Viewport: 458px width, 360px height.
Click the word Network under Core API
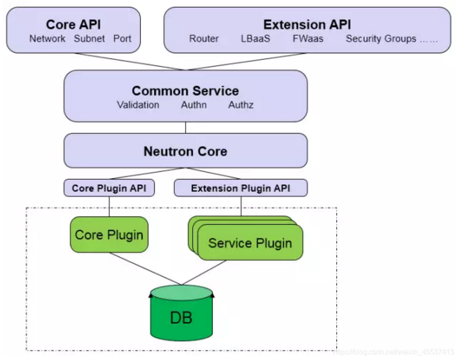[47, 39]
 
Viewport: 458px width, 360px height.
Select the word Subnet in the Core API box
[89, 39]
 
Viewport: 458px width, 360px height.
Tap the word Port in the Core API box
[122, 39]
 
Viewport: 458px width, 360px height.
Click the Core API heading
[73, 24]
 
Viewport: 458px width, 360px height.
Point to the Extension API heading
[307, 24]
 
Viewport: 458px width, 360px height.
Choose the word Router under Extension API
[204, 39]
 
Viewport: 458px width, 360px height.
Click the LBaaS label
[255, 39]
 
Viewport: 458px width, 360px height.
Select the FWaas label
[308, 39]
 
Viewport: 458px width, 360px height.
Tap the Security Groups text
[381, 39]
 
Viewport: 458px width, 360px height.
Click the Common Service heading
[185, 91]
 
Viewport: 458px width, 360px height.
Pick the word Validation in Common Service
[138, 105]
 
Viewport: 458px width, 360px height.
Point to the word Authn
[193, 105]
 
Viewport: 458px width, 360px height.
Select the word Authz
[241, 105]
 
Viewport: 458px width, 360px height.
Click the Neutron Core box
[185, 151]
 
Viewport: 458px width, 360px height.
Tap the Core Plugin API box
[109, 188]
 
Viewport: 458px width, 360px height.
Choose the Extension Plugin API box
[241, 188]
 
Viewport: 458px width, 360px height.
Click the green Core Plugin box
[109, 235]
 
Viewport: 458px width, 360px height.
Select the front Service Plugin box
[250, 243]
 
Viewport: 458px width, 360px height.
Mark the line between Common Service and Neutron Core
[185, 128]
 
